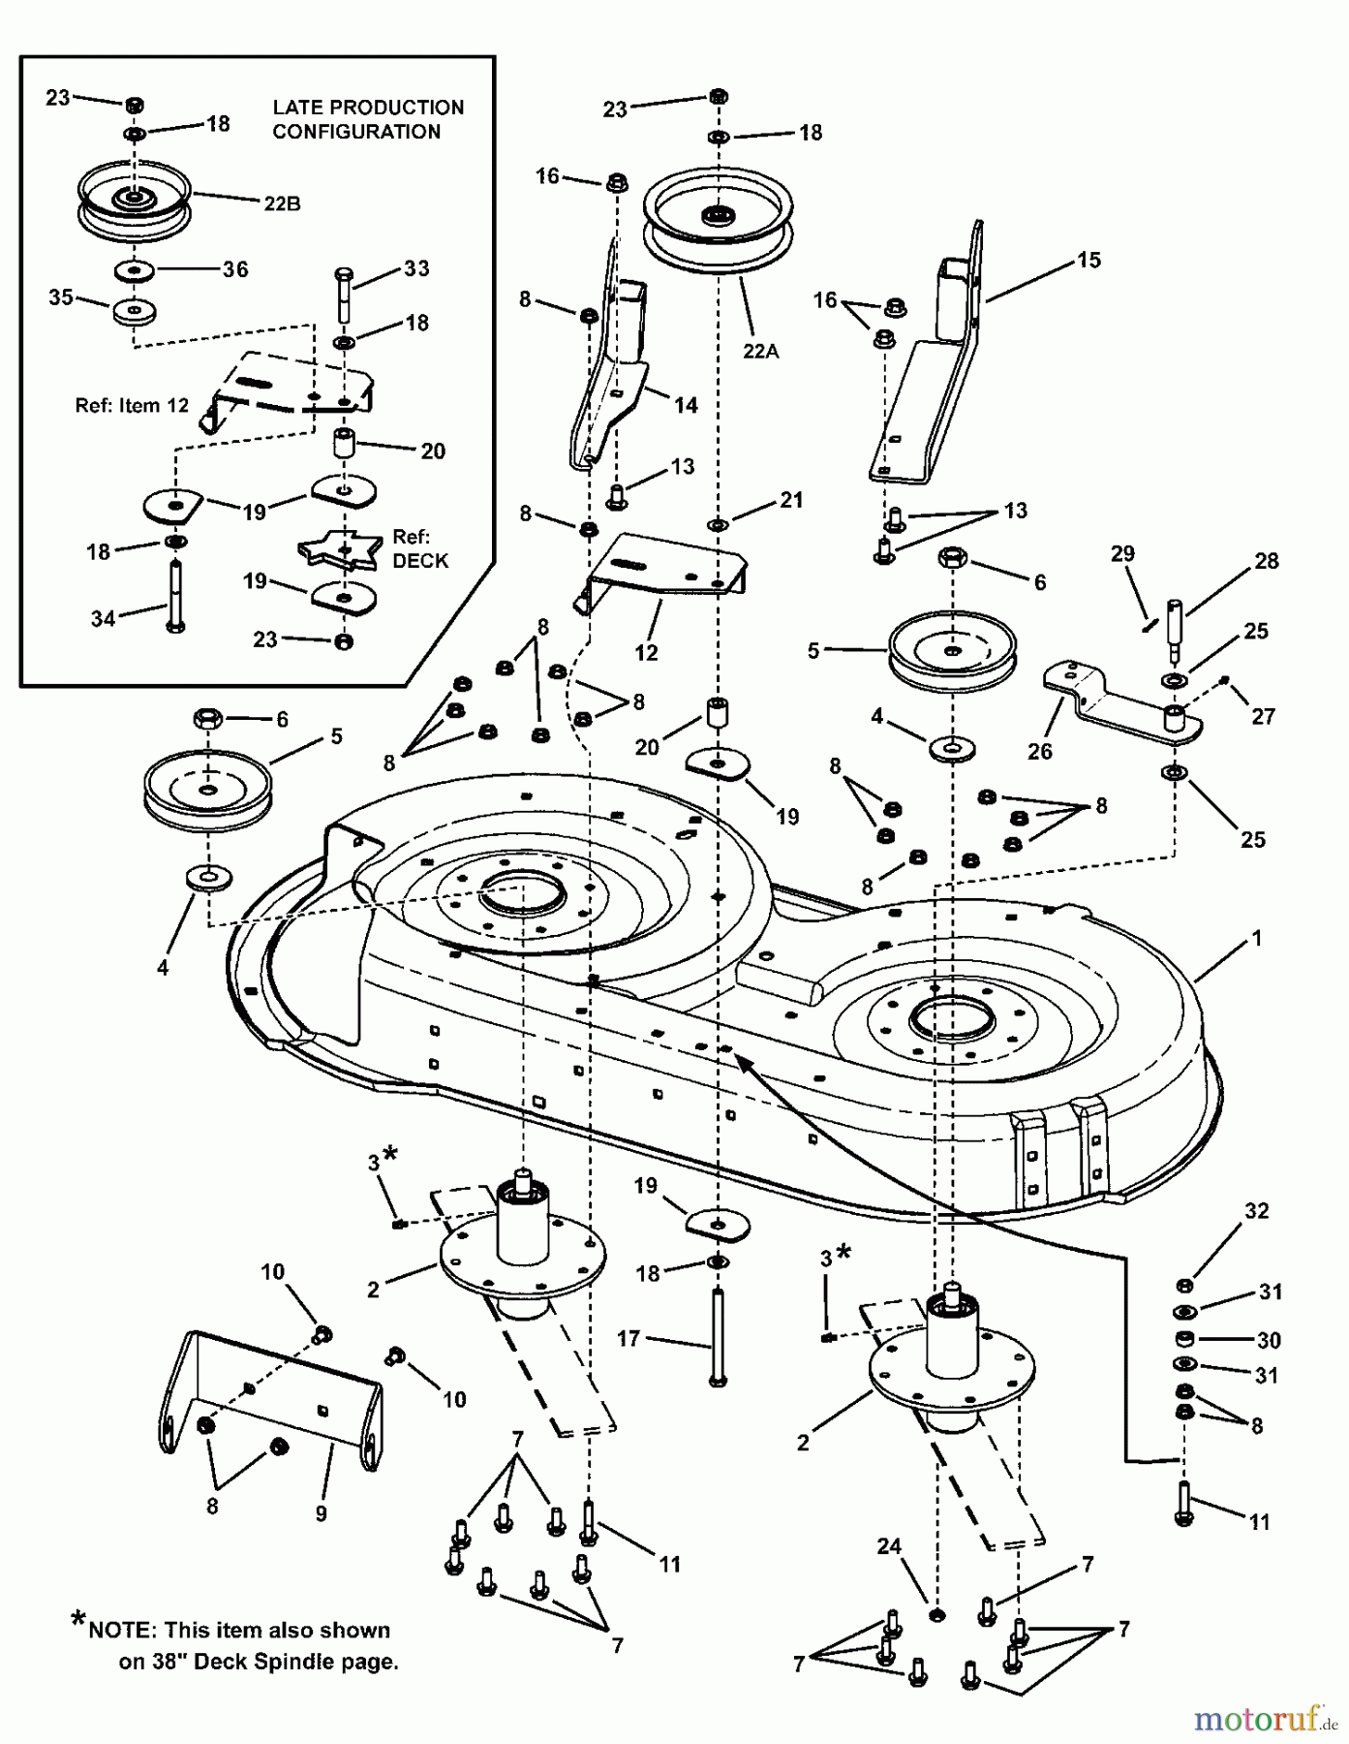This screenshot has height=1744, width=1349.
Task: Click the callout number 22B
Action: (282, 204)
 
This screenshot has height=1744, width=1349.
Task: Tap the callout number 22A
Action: (761, 351)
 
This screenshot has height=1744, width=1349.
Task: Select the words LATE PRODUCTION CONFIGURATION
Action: (368, 120)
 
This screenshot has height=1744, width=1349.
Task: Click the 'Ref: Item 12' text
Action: (132, 406)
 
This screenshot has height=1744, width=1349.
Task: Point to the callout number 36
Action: (235, 269)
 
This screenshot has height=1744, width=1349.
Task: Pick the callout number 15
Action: (1088, 260)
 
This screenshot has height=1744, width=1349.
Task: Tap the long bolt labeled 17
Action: (717, 1337)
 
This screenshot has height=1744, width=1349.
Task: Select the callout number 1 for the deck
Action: (1257, 938)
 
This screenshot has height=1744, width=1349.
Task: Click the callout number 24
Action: (890, 1546)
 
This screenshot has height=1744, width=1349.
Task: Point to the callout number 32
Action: (1256, 1210)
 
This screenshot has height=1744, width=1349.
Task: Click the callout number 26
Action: (1039, 751)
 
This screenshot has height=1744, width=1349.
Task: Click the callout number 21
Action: (791, 500)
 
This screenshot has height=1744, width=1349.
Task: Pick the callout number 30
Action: (1268, 1340)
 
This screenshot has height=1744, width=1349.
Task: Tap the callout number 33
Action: (416, 268)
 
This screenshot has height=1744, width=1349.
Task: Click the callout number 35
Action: (61, 297)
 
